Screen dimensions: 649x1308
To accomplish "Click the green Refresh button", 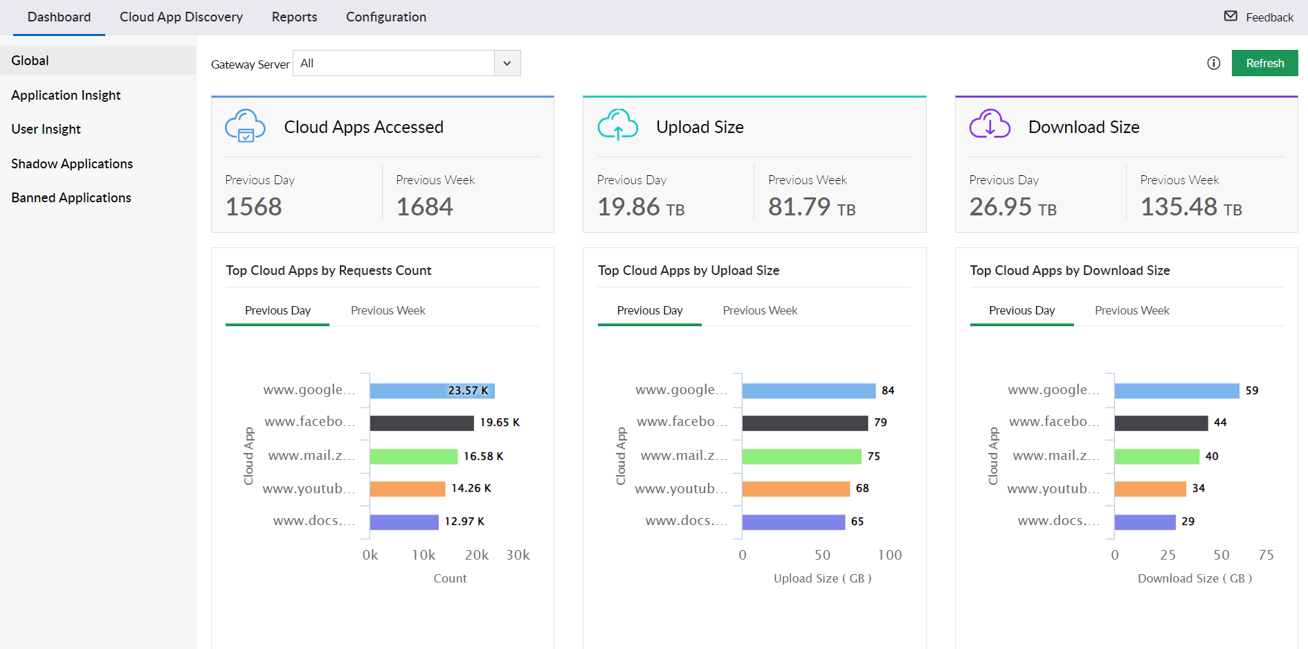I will [x=1264, y=63].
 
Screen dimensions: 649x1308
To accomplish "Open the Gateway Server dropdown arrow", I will [x=507, y=63].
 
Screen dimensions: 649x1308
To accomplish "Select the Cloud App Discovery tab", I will [x=181, y=17].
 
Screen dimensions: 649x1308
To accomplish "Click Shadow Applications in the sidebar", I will [x=72, y=163].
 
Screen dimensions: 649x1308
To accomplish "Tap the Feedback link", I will [x=1259, y=17].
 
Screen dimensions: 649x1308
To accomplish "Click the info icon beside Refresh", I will [x=1213, y=63].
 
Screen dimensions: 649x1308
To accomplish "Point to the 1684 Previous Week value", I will [x=424, y=206].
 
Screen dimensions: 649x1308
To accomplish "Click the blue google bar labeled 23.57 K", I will [x=432, y=391].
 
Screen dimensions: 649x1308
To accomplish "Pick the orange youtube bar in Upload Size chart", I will [x=796, y=489].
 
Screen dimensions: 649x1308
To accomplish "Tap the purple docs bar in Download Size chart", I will [x=1145, y=522].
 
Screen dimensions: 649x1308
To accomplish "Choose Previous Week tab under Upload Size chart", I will [x=760, y=310].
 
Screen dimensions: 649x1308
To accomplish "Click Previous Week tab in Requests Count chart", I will [x=388, y=310].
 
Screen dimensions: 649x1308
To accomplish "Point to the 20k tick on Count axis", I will [x=476, y=555].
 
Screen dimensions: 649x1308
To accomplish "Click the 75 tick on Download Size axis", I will [x=1266, y=555].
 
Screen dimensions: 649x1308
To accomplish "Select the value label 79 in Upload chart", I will [x=880, y=423].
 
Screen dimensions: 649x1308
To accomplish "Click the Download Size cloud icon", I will [x=990, y=125].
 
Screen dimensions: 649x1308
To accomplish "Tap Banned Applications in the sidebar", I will [x=71, y=197].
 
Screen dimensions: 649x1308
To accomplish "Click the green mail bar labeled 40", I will [x=1156, y=456].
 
